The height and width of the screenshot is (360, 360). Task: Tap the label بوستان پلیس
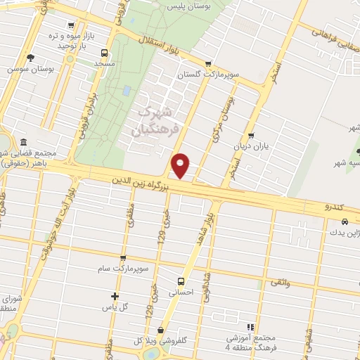(188, 6)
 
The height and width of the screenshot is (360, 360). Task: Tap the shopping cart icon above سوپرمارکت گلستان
(209, 63)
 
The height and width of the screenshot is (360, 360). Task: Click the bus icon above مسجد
(105, 52)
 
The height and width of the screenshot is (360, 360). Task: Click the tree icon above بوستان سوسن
(29, 58)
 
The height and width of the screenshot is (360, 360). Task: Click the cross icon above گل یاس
(115, 296)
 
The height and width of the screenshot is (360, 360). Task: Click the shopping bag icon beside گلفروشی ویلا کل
(161, 330)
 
